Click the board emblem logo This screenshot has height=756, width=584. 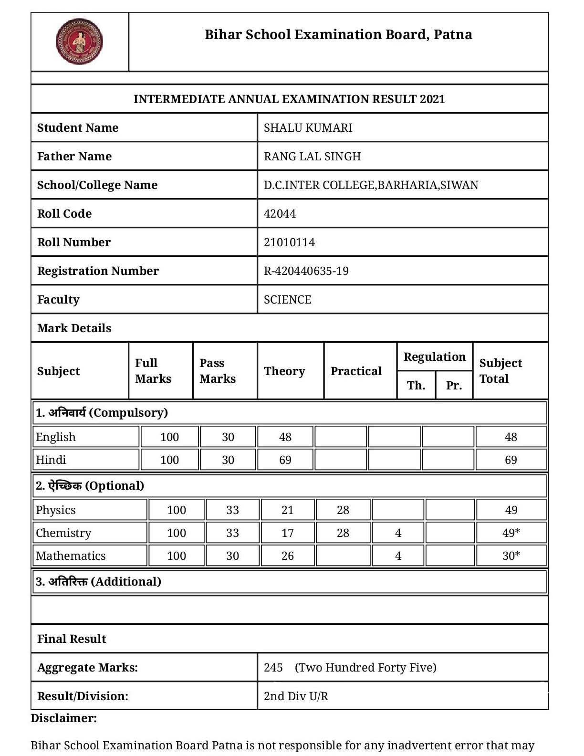pyautogui.click(x=79, y=42)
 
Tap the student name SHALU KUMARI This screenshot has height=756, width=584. pyautogui.click(x=308, y=128)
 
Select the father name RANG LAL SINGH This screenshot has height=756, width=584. pyautogui.click(x=312, y=157)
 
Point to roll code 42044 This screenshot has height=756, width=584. pyautogui.click(x=280, y=214)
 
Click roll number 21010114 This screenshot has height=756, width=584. pyautogui.click(x=289, y=242)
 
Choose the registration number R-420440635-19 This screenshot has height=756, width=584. pyautogui.click(x=306, y=271)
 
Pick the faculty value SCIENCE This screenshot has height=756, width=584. pyautogui.click(x=287, y=300)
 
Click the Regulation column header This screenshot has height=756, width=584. pyautogui.click(x=434, y=357)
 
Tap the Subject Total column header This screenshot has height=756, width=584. pyautogui.click(x=500, y=371)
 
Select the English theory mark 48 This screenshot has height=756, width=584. pyautogui.click(x=285, y=437)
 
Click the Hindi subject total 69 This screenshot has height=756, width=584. pyautogui.click(x=511, y=460)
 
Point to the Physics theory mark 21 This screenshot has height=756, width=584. pyautogui.click(x=287, y=510)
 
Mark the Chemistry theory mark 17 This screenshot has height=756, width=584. pyautogui.click(x=287, y=533)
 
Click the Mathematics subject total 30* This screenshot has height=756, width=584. pyautogui.click(x=511, y=556)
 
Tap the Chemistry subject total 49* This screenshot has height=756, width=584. pyautogui.click(x=511, y=533)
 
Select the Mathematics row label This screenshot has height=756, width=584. pyautogui.click(x=71, y=556)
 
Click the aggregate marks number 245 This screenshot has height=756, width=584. pyautogui.click(x=273, y=668)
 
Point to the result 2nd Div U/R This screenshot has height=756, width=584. pyautogui.click(x=296, y=696)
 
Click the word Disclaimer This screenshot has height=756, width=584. pyautogui.click(x=63, y=718)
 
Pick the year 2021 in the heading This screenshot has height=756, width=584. pyautogui.click(x=432, y=99)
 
